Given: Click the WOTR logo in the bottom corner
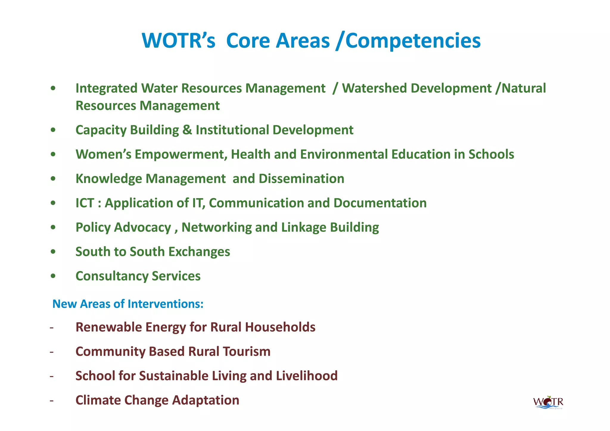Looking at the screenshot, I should tap(548, 403).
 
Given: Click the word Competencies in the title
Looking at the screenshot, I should tap(413, 41).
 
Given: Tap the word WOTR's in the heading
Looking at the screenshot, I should tap(178, 41).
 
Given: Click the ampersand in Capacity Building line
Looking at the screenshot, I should tap(187, 130).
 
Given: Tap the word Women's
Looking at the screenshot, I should tap(103, 154).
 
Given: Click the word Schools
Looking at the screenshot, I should tap(491, 154).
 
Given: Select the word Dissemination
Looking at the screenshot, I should tap(301, 179).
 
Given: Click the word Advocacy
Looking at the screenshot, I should tap(142, 228).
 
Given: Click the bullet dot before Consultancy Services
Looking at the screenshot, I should tap(53, 276).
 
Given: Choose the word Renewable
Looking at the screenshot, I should tap(110, 327).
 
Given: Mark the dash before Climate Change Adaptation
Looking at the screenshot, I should tap(52, 400).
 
